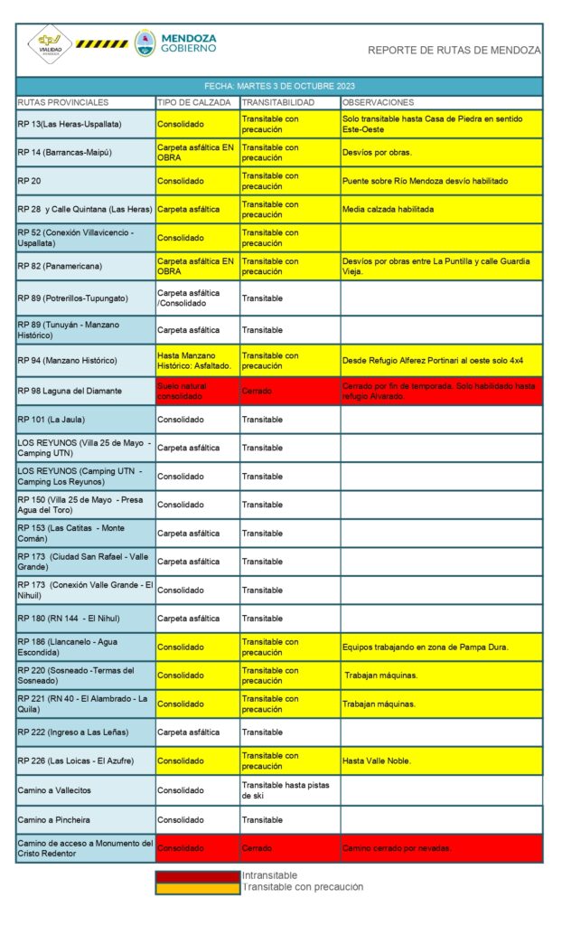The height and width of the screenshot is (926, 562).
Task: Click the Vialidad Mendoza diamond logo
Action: [49, 44]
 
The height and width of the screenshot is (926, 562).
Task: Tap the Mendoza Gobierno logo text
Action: [188, 43]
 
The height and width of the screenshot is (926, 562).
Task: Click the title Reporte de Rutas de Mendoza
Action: [454, 51]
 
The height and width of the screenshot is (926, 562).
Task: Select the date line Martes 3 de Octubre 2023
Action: [278, 87]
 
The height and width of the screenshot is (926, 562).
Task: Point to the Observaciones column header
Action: [378, 102]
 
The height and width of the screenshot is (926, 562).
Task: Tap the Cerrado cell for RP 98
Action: [257, 391]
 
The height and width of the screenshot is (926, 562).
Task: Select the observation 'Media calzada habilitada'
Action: [389, 209]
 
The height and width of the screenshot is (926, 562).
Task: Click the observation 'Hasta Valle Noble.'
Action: [377, 761]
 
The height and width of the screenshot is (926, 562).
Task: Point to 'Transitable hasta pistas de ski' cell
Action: [286, 790]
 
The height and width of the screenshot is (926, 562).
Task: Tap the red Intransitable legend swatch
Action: [197, 875]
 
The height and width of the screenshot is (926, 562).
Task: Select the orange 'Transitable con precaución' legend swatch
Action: [197, 887]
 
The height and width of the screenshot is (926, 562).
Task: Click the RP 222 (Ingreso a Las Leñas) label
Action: [73, 732]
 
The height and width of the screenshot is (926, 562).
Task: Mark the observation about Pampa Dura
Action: [426, 647]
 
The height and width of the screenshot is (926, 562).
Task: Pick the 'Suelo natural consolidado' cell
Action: [187, 391]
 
